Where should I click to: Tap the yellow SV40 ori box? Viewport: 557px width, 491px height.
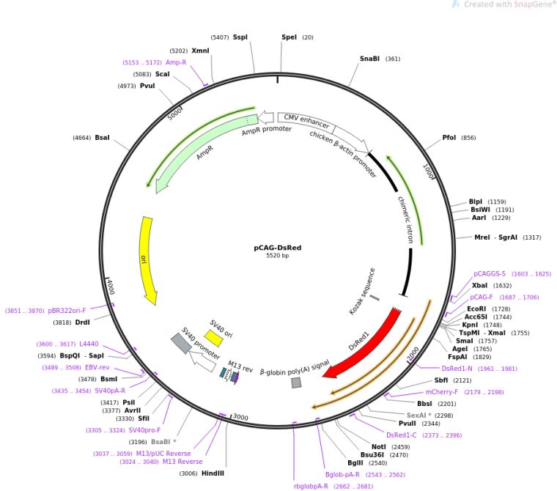click(213, 338)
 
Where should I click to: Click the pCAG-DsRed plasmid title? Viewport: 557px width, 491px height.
click(278, 248)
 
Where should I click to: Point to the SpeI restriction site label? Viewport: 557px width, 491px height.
click(289, 37)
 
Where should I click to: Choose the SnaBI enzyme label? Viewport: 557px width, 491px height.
click(369, 59)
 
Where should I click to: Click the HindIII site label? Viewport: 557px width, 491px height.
click(213, 473)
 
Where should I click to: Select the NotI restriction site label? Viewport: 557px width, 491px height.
click(378, 446)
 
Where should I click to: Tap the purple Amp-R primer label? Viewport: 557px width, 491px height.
click(176, 62)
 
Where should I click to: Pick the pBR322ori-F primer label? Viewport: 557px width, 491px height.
click(67, 311)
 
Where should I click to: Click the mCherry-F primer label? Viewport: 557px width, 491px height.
click(441, 392)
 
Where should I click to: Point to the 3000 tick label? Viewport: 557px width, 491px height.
click(240, 417)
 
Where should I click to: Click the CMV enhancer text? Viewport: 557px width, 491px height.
click(306, 121)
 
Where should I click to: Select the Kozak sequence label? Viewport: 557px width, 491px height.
click(362, 292)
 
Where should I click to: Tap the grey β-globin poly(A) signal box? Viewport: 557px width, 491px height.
click(296, 383)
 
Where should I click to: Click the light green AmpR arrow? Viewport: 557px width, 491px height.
click(202, 149)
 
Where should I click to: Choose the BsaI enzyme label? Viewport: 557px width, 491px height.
click(102, 138)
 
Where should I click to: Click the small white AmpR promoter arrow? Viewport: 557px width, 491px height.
click(266, 117)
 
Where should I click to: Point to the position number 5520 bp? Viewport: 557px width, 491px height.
click(278, 256)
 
